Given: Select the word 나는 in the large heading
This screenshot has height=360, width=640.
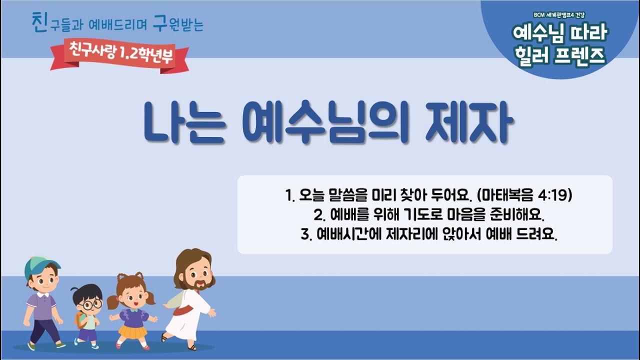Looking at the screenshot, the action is pyautogui.click(x=184, y=122).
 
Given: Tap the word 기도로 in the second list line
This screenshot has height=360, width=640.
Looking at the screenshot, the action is pyautogui.click(x=423, y=214).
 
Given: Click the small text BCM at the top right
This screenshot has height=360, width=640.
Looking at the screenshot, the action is pyautogui.click(x=539, y=15).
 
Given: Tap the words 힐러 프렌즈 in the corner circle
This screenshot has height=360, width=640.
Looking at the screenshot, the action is pyautogui.click(x=560, y=55).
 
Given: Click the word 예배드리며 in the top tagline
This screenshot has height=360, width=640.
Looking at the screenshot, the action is pyautogui.click(x=117, y=25).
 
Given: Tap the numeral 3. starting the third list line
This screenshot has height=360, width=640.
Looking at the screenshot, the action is pyautogui.click(x=306, y=234).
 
